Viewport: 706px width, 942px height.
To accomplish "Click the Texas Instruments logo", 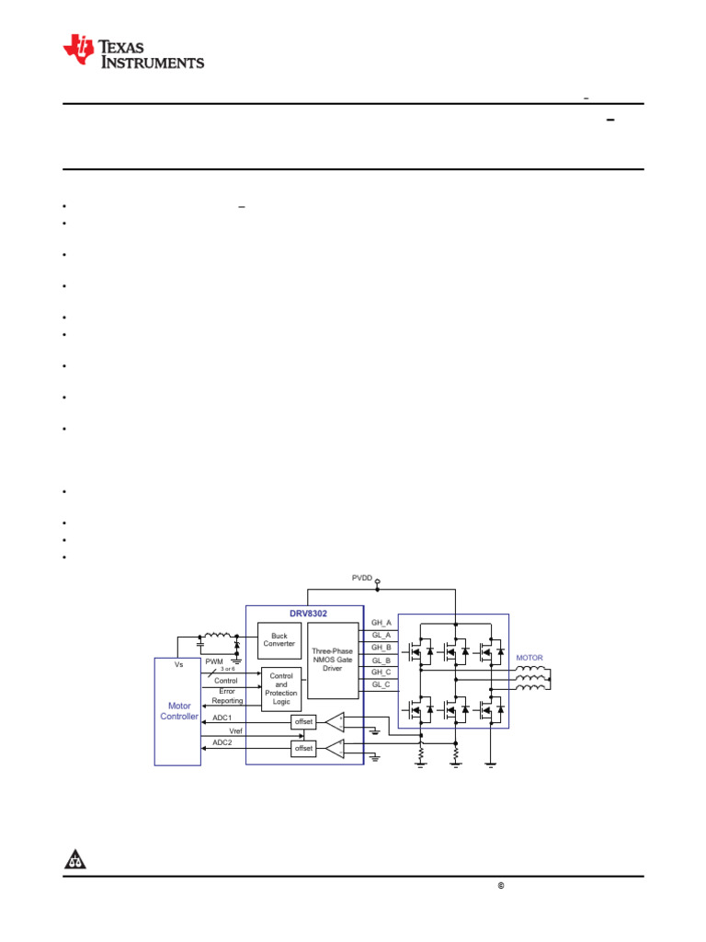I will (133, 52).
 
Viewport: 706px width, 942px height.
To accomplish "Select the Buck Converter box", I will (279, 639).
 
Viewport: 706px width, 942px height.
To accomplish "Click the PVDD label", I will (361, 578).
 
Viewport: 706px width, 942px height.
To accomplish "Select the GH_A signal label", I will (381, 623).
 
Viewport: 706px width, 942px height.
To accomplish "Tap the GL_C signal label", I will (381, 684).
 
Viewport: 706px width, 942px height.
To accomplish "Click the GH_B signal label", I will (381, 648).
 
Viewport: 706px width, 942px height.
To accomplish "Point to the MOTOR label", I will (529, 658).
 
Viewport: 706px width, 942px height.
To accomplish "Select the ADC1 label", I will (222, 717).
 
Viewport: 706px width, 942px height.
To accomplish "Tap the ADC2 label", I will (222, 741).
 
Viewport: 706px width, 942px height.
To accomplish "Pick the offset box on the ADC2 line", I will (303, 749).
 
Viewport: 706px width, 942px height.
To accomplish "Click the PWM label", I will (214, 661).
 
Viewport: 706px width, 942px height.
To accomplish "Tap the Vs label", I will (178, 663).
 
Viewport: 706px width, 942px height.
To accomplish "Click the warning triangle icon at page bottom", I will (75, 860).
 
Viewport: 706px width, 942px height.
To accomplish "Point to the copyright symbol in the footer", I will (502, 886).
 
